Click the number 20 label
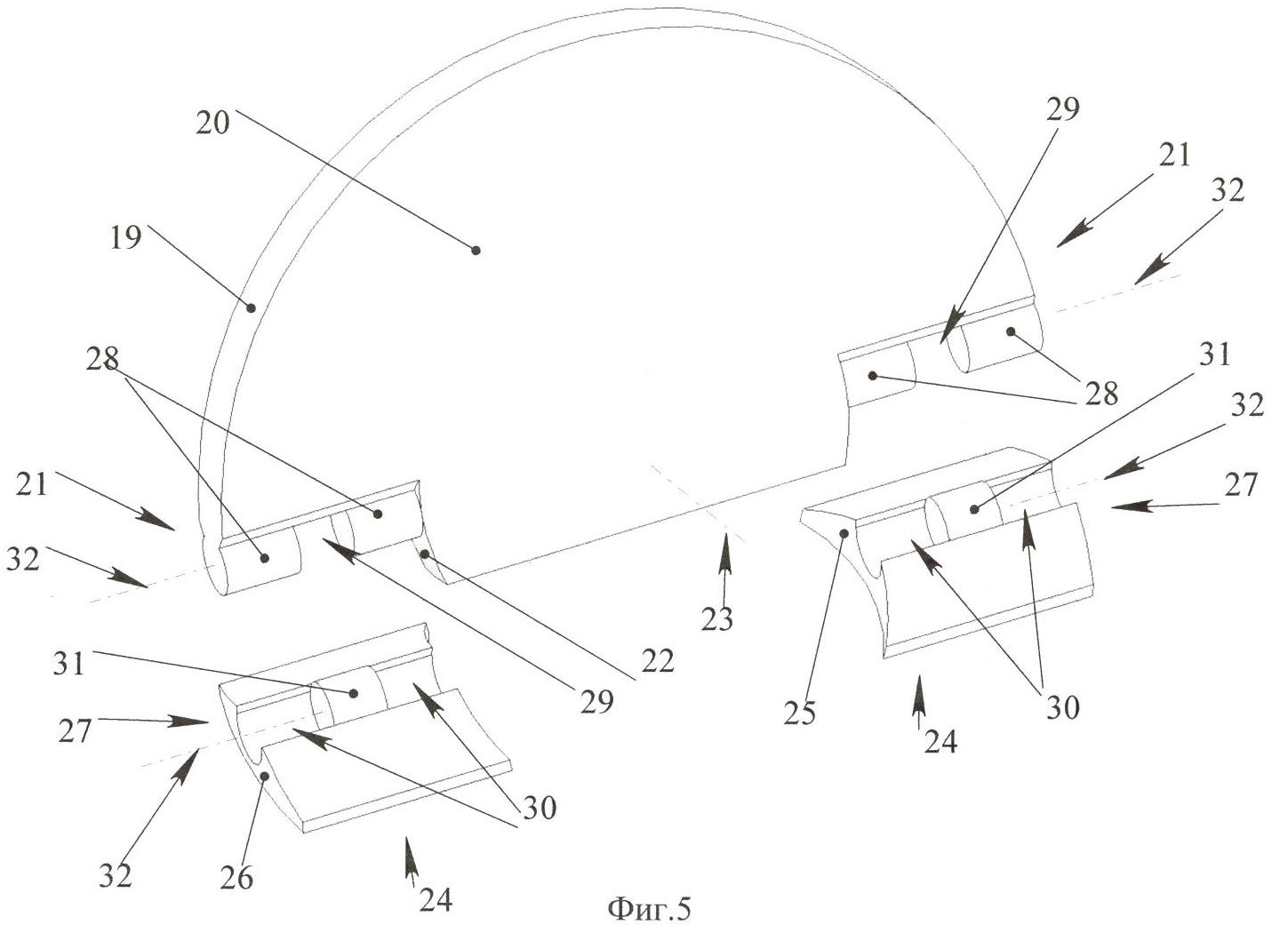(212, 121)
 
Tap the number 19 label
(127, 237)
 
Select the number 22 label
(657, 659)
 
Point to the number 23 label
(716, 619)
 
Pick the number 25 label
(799, 714)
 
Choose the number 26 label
(236, 877)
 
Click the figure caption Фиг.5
(649, 908)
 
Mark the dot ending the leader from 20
(476, 251)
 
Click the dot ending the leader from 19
(252, 308)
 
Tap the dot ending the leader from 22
(425, 554)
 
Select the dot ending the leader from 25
(844, 532)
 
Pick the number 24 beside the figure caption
(436, 900)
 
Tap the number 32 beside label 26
(116, 876)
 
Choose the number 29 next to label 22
(596, 702)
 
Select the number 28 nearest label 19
(104, 360)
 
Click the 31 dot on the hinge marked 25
(974, 509)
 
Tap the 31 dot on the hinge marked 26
(354, 693)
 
